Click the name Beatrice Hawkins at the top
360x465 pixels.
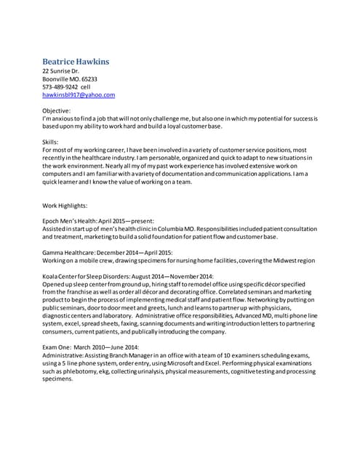[76, 62]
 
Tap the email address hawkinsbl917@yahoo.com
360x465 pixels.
[79, 94]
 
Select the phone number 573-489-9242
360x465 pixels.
[60, 86]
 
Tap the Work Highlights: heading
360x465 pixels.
[65, 205]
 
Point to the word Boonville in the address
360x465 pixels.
[57, 78]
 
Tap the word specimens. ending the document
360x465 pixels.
[58, 379]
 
